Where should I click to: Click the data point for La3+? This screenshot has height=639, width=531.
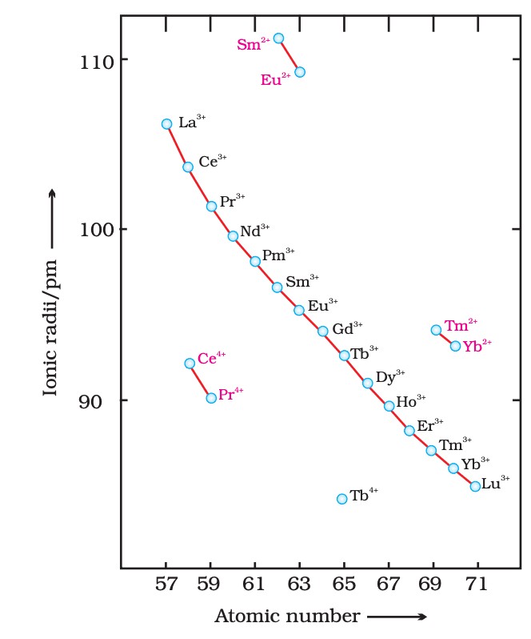point(166,124)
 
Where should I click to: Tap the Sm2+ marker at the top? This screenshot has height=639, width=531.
point(278,38)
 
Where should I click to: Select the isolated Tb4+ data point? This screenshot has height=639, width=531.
point(342,499)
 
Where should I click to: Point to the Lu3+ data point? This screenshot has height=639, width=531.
point(475,486)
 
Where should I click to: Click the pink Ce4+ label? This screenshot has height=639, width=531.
point(212,359)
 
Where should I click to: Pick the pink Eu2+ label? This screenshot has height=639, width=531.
point(276,79)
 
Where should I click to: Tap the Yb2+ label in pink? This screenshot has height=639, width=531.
point(477,345)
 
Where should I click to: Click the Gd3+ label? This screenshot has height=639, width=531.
point(347,328)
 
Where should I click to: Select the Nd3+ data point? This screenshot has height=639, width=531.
point(233,236)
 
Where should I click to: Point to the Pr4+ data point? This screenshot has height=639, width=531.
point(211,398)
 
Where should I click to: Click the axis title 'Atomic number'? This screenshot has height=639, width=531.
point(286,617)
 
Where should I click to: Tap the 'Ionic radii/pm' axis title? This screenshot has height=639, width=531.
point(50,326)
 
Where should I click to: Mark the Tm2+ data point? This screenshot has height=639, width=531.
point(436,330)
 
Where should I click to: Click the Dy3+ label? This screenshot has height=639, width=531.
point(390,377)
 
